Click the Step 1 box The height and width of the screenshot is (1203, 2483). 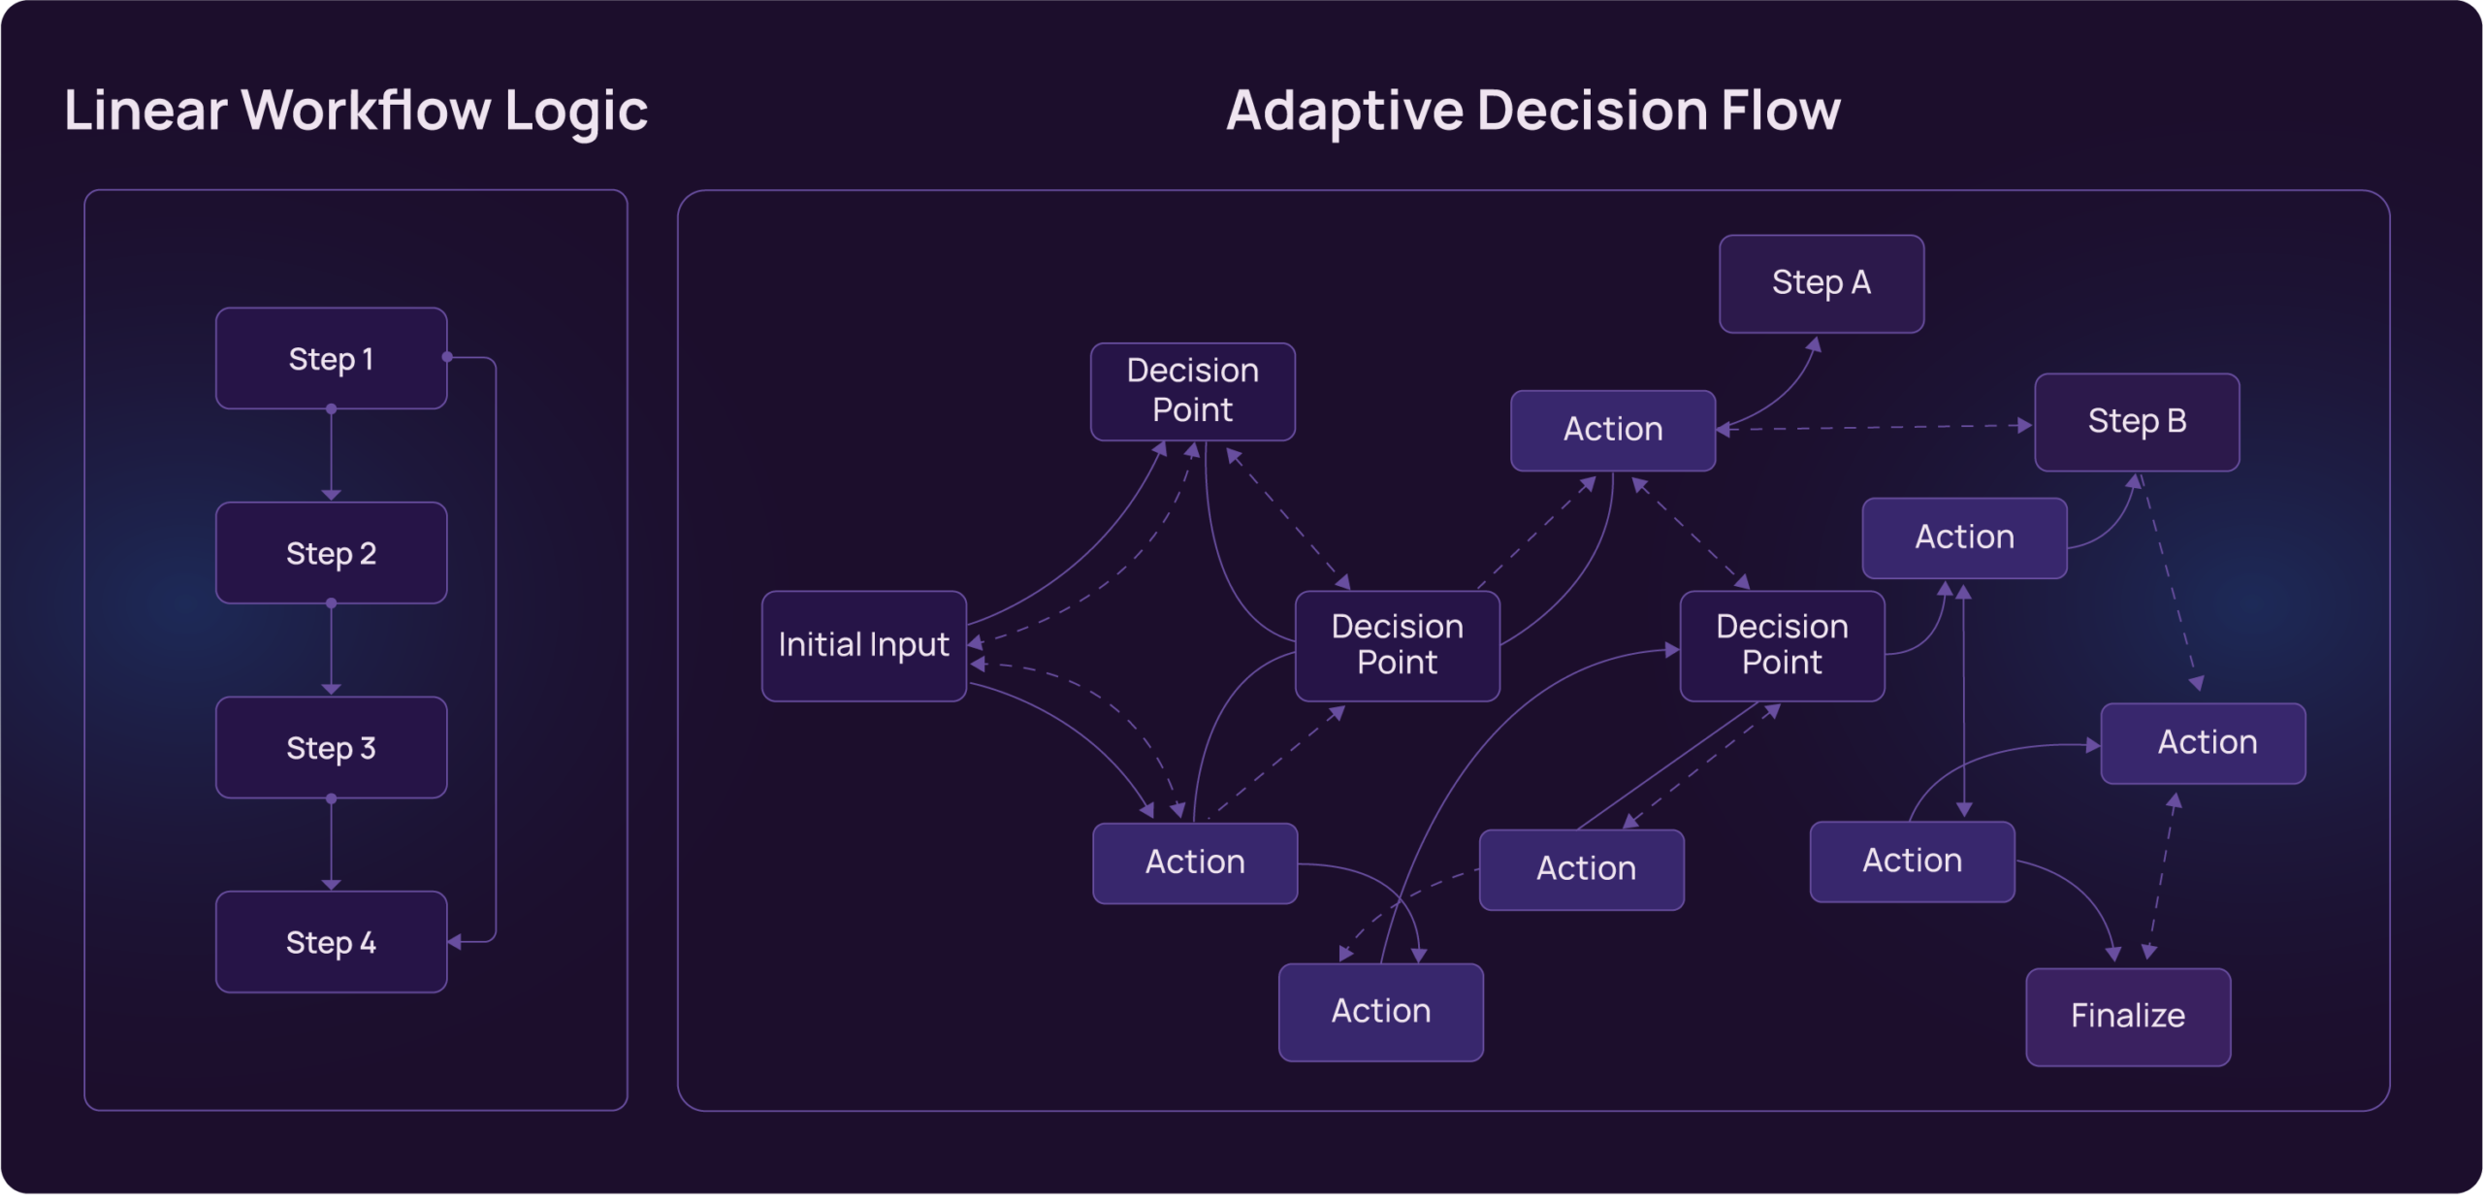click(331, 359)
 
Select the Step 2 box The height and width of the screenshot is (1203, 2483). click(331, 553)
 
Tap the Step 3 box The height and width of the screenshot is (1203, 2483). click(331, 748)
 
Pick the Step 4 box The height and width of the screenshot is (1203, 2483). click(331, 942)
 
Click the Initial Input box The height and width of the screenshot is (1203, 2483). click(863, 646)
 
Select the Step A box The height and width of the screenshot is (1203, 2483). click(1821, 283)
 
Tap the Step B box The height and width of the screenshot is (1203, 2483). click(2136, 422)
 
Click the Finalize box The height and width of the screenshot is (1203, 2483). click(2127, 1017)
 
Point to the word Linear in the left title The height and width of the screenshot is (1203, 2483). click(145, 111)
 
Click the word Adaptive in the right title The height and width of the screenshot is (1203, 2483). click(1343, 111)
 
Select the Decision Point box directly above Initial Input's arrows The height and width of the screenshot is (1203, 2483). click(1192, 391)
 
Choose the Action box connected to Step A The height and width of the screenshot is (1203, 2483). click(1612, 430)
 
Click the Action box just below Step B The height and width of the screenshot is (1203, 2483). click(1964, 537)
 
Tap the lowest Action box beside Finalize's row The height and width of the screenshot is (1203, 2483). click(1380, 1012)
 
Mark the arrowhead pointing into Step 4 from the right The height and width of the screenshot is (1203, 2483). click(454, 942)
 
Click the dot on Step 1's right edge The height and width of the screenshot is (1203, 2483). click(447, 357)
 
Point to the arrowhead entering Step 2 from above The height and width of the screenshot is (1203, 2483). click(331, 496)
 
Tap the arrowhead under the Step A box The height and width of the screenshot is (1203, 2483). click(1815, 344)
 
